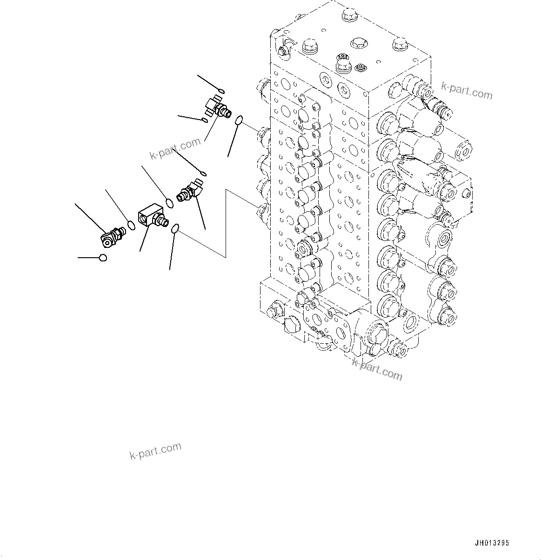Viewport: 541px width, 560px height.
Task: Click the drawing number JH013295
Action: [x=492, y=543]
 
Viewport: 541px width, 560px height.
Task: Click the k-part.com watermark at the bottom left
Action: [x=155, y=451]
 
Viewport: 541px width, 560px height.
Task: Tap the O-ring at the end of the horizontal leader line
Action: [x=103, y=257]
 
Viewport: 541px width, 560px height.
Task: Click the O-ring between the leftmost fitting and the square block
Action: [x=132, y=225]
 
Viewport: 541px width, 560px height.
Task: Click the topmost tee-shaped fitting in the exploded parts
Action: [x=218, y=107]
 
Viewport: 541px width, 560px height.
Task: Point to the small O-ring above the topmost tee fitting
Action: [x=221, y=90]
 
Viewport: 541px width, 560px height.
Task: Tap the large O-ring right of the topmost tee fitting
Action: [x=240, y=121]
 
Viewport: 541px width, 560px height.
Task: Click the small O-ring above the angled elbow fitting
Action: [x=203, y=173]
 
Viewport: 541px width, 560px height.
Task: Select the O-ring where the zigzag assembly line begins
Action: [x=175, y=228]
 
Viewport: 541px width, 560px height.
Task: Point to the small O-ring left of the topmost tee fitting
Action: [x=205, y=121]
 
